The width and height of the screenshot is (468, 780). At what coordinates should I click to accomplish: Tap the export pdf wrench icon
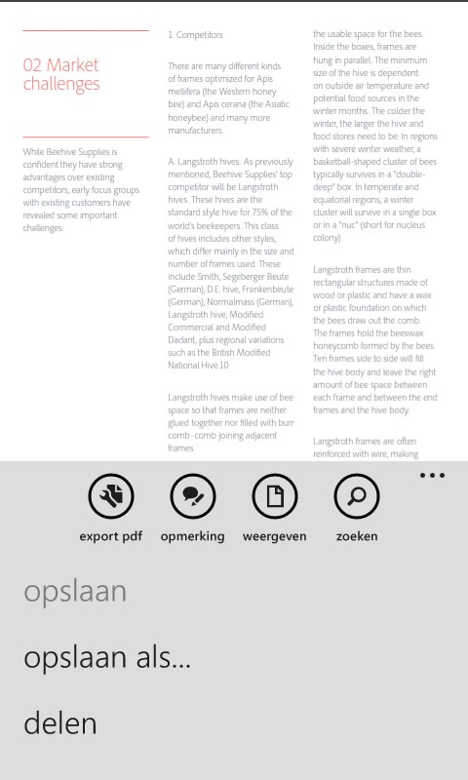tap(111, 497)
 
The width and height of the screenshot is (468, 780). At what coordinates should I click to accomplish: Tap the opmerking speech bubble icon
tap(193, 497)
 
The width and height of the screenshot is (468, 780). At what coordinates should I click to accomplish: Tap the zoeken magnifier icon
tap(357, 497)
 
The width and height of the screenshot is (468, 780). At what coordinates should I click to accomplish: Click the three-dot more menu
tap(432, 476)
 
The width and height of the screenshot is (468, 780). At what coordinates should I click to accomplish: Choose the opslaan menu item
tap(75, 592)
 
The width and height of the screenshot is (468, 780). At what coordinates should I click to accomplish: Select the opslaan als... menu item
tap(107, 657)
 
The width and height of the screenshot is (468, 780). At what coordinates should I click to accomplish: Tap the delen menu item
tap(60, 722)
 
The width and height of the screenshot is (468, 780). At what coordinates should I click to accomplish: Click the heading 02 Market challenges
tap(61, 74)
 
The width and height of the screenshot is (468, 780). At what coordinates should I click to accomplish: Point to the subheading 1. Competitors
tap(195, 35)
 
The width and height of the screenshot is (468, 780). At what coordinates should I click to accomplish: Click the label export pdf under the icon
tap(111, 535)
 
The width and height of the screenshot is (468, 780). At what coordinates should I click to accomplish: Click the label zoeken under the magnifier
tap(357, 535)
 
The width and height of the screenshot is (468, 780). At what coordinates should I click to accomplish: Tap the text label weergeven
tap(275, 535)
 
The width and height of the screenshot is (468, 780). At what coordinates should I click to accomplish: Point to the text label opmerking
tap(193, 535)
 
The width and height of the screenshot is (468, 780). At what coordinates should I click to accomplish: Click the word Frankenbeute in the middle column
tap(256, 289)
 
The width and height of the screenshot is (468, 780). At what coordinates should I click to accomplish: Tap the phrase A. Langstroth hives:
tap(204, 161)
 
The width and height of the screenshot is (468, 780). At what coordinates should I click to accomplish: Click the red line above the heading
tap(86, 30)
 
